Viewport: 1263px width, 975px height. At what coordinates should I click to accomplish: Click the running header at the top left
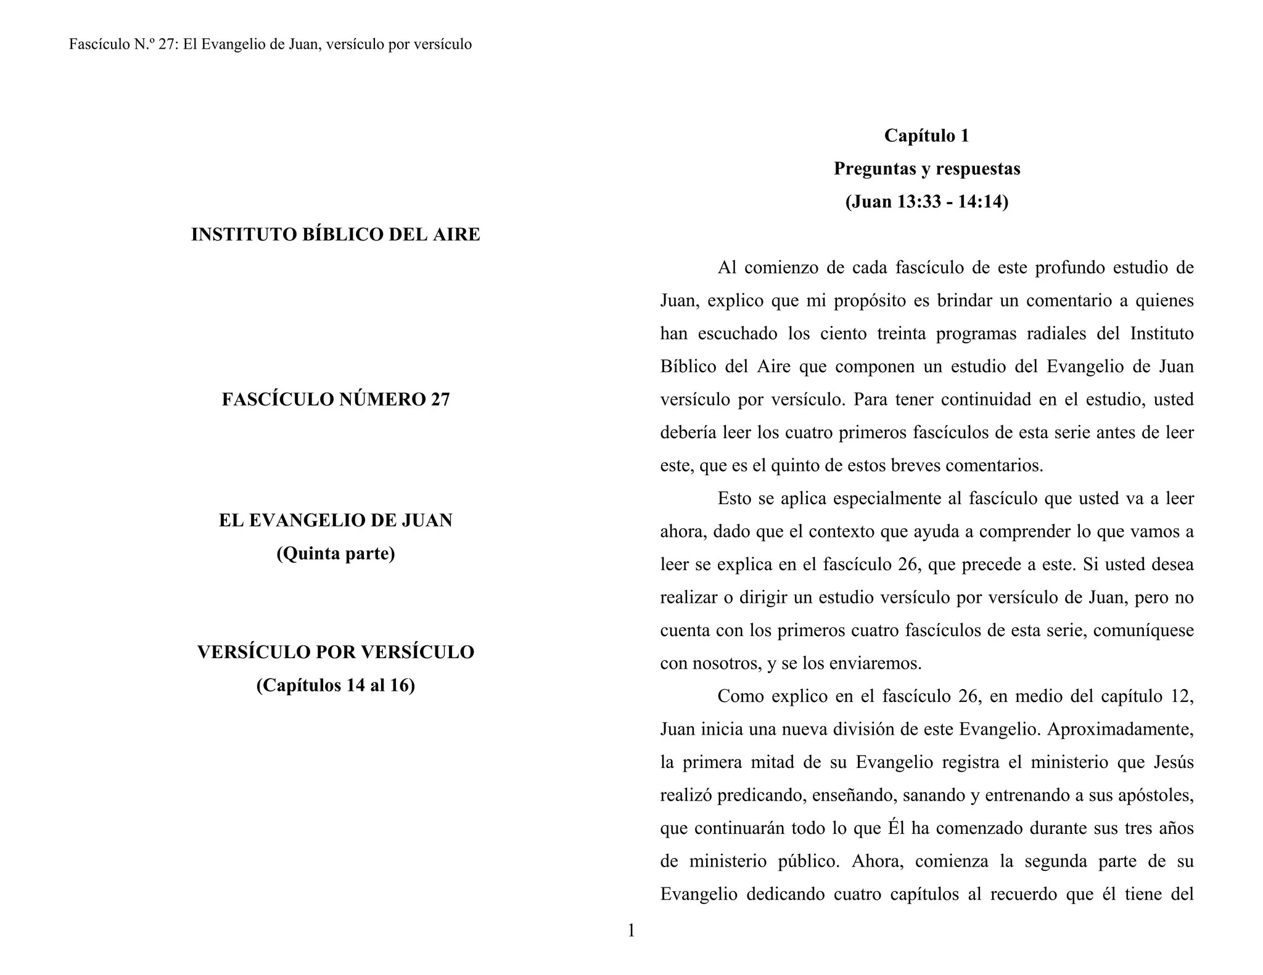[x=270, y=44]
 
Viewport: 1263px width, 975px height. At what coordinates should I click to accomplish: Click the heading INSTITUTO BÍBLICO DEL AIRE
[x=335, y=235]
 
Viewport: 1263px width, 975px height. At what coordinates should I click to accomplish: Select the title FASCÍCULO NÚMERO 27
[x=335, y=400]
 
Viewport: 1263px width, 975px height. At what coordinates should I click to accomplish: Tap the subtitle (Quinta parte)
[x=335, y=554]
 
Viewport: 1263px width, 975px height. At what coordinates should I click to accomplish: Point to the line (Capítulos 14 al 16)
[x=335, y=685]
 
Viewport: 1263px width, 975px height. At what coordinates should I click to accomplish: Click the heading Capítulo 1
[x=926, y=136]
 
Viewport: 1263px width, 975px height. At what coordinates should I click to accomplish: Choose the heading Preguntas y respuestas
[x=926, y=169]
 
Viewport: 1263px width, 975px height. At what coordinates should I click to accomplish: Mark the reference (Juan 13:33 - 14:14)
[x=926, y=202]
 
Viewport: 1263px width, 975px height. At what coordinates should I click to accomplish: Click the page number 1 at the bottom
[x=631, y=931]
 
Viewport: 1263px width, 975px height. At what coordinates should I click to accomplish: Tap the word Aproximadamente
[x=1120, y=730]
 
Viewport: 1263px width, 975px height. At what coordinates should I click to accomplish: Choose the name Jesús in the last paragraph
[x=1174, y=763]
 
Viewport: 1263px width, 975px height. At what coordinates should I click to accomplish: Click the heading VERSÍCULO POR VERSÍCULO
[x=335, y=652]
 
